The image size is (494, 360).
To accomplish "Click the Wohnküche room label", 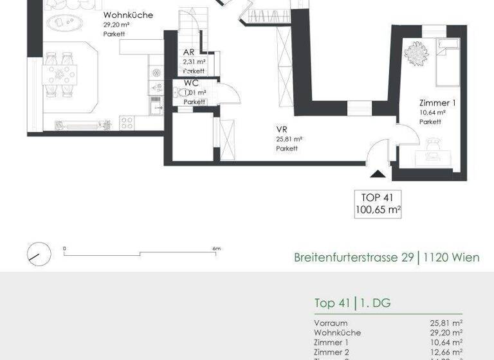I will pos(127,15).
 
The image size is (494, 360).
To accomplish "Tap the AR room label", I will pos(189,53).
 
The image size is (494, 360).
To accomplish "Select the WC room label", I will pos(191,83).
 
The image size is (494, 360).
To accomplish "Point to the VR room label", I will pos(281,129).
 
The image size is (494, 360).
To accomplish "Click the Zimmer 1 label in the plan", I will pos(437,103).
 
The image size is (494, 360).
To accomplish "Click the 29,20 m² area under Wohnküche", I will pos(116,25).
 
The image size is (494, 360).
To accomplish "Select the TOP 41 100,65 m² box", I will pos(378,203).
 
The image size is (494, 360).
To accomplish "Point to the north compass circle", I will pos(39,253).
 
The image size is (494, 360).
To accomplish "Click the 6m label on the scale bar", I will pos(217,249).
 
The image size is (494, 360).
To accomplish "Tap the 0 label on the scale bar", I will pos(64,249).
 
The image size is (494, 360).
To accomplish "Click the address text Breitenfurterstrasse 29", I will pos(353,258).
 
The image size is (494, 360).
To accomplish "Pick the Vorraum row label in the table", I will pos(331,323).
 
